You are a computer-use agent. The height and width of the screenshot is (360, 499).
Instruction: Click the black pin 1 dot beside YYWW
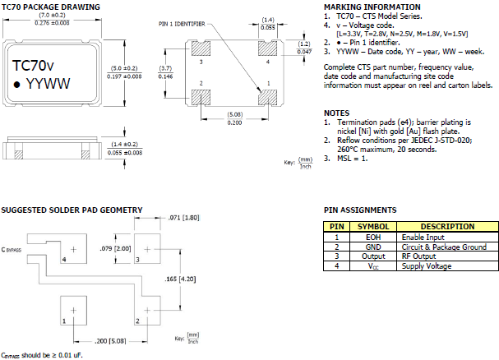(17, 84)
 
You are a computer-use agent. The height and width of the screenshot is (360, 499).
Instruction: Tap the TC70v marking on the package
(34, 64)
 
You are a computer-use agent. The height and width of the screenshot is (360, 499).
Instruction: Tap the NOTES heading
(336, 112)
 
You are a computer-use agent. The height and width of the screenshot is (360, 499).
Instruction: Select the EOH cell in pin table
(373, 237)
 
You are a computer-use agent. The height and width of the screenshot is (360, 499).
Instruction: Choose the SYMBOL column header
(373, 226)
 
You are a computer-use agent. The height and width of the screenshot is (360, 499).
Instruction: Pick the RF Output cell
(419, 256)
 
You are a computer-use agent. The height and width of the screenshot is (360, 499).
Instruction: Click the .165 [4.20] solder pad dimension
(181, 279)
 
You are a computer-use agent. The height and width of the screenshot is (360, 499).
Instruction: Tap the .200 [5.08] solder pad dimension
(109, 338)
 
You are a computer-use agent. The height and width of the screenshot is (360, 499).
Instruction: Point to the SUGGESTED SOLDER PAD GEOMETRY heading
(72, 210)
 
